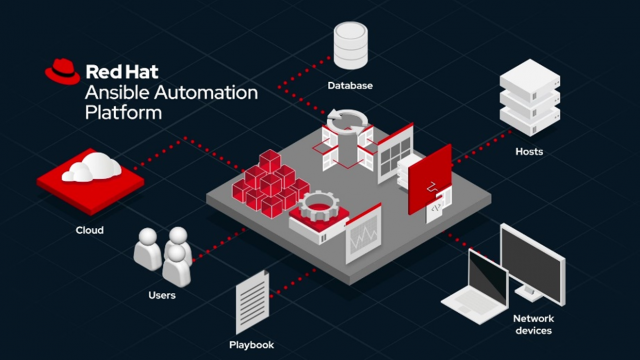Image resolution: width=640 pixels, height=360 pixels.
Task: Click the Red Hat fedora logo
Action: tap(62, 71)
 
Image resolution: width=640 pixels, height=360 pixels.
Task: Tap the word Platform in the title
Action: tap(123, 113)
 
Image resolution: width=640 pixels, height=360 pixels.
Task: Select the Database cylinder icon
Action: tap(349, 43)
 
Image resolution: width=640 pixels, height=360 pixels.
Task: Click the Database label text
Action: tap(350, 86)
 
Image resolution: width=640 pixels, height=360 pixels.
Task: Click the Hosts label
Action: tap(529, 151)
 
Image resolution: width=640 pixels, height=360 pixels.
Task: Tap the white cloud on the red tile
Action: tap(89, 170)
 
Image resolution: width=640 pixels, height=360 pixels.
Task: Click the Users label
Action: tap(162, 295)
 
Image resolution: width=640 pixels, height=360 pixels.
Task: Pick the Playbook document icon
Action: tap(251, 304)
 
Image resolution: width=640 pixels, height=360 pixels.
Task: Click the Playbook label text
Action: tap(250, 345)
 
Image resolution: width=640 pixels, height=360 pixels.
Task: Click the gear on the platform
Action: tap(319, 210)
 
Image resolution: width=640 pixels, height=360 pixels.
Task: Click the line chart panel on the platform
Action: tap(362, 236)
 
